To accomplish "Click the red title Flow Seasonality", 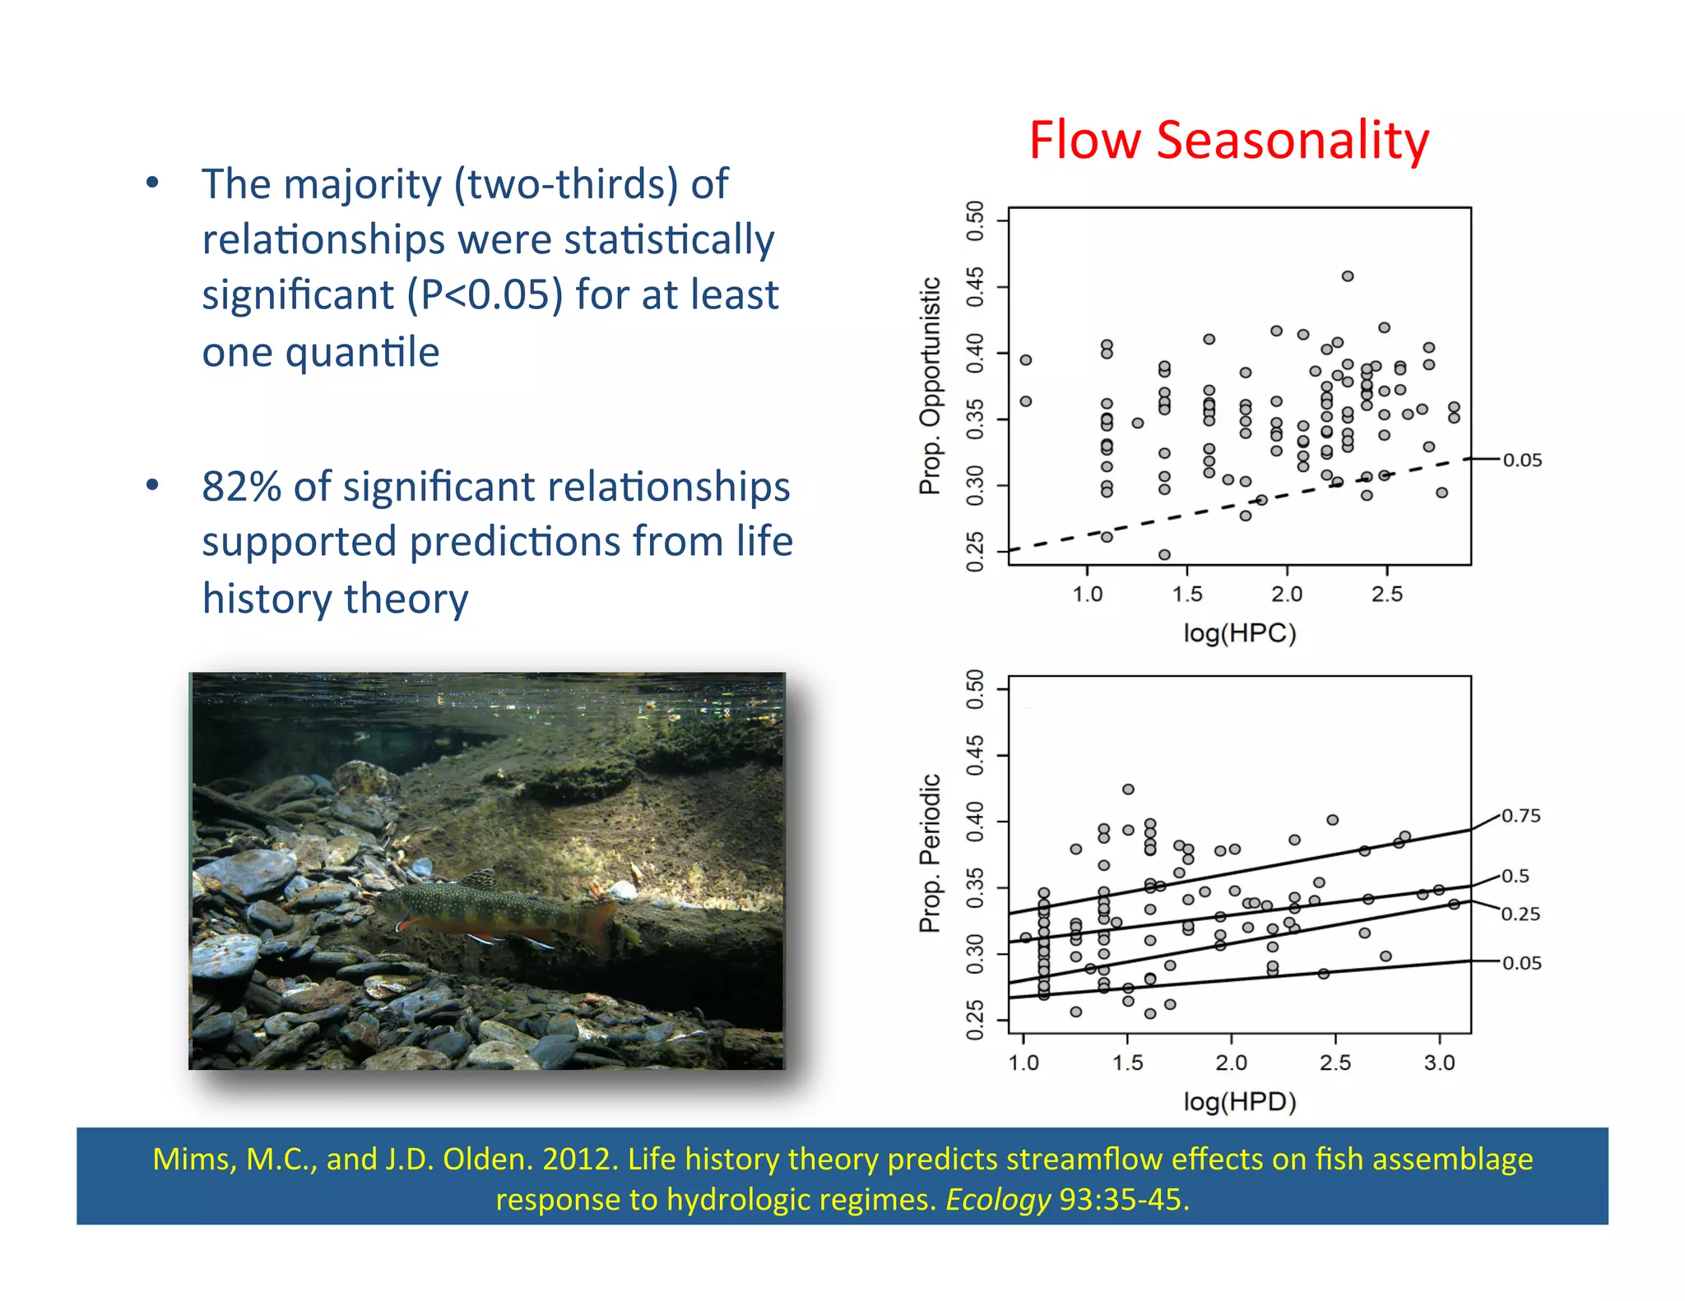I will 1228,140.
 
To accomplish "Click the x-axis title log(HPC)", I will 1239,633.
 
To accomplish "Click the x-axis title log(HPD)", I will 1239,1101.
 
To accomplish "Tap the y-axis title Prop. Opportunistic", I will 930,386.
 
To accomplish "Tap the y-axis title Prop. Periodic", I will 930,853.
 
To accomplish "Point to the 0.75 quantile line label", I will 1520,816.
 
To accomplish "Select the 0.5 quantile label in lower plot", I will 1516,876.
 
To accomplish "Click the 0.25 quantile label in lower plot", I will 1520,914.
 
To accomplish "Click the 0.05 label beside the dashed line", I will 1522,461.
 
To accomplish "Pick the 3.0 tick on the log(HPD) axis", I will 1439,1063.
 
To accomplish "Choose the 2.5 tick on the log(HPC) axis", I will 1386,594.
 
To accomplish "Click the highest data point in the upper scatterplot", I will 1348,276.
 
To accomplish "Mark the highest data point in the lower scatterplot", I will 1128,789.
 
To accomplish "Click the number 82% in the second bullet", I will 241,486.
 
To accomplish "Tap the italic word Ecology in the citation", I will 998,1200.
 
